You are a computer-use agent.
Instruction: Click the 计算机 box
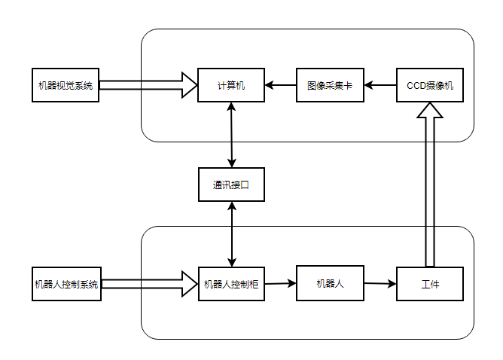(231, 86)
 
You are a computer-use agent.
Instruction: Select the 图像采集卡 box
(330, 86)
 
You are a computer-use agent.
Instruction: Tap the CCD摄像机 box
(430, 86)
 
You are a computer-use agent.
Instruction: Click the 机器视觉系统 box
(66, 86)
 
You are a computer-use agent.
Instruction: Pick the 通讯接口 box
(231, 185)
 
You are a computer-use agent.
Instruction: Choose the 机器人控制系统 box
(66, 284)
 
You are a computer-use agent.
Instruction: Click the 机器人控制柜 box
(231, 284)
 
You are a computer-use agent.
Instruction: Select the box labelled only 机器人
(330, 283)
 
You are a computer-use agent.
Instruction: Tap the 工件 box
(430, 284)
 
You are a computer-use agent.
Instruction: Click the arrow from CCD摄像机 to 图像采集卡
(380, 86)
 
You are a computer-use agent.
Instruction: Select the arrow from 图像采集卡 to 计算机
(281, 86)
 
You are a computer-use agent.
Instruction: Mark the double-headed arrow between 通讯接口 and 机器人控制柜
(231, 234)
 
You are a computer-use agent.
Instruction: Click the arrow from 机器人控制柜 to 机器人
(281, 283)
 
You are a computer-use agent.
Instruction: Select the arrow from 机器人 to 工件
(380, 284)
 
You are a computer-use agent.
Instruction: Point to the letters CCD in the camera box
(416, 86)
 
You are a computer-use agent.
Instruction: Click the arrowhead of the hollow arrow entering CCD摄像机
(430, 111)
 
